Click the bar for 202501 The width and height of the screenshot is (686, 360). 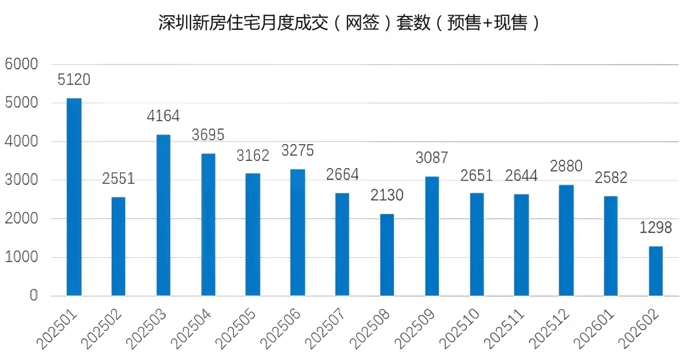coord(74,197)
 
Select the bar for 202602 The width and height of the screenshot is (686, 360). coord(656,270)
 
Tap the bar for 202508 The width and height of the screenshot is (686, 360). coord(387,255)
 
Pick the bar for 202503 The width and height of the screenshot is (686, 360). coord(163,215)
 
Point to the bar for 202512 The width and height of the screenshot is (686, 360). coord(566,240)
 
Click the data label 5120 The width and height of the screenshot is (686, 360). coord(74,79)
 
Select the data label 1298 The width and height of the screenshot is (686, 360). coord(656,227)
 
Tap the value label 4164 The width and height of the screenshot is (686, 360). coord(163,116)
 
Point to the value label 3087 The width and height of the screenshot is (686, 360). coord(432,157)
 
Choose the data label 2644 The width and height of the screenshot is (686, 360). coord(521,175)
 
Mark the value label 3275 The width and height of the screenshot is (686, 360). coord(297,150)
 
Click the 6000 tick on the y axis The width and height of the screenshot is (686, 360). coord(22,64)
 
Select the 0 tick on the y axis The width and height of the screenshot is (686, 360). coord(34,296)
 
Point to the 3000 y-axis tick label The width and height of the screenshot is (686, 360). coord(22,180)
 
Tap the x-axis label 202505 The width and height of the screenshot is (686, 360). coord(236,328)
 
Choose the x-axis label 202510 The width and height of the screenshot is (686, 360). coord(459,328)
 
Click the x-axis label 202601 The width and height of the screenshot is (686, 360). coord(594,328)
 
